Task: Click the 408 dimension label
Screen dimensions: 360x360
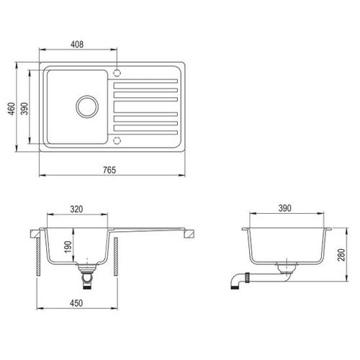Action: tap(77, 45)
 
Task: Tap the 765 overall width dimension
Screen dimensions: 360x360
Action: tap(109, 170)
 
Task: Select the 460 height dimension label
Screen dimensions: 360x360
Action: tap(12, 109)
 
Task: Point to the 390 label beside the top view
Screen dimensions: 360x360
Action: tap(24, 109)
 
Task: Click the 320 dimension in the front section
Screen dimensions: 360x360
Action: tap(76, 209)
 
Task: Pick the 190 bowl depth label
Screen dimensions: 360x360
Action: tap(68, 246)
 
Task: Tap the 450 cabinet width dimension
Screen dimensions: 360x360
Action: tap(76, 303)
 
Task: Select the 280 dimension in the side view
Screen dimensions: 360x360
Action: tap(341, 255)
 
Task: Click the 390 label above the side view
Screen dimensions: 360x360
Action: tap(285, 208)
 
